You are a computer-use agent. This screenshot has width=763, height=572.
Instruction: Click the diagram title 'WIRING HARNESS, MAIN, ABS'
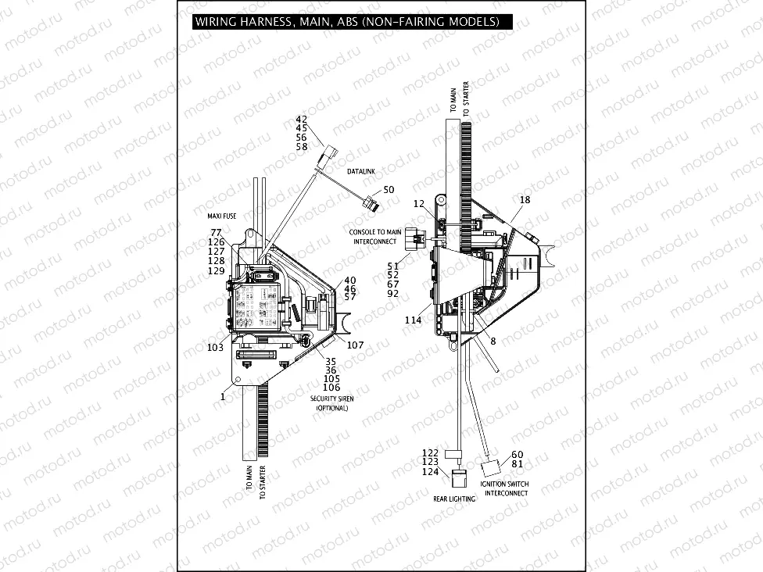coord(346,22)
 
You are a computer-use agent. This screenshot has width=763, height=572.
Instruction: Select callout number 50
coord(389,190)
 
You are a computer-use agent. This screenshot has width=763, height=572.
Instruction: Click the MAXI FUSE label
coord(218,215)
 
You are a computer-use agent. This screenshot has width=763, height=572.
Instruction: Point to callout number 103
coord(215,346)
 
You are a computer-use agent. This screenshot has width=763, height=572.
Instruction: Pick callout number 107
coord(355,345)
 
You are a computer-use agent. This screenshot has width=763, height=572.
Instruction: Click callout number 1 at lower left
coord(223,396)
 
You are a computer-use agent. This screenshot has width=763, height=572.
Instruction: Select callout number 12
coord(419,204)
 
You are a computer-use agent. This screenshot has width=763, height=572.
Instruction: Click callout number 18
coord(525,200)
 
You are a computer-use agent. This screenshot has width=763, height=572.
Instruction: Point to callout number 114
coord(413,320)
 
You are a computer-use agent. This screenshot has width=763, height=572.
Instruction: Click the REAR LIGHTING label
coord(454,499)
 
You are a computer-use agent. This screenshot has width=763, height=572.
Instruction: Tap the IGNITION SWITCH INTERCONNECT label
coord(504,488)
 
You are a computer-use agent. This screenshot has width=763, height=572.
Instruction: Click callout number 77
coord(217,233)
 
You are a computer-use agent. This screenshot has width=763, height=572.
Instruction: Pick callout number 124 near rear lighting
coord(431,471)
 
